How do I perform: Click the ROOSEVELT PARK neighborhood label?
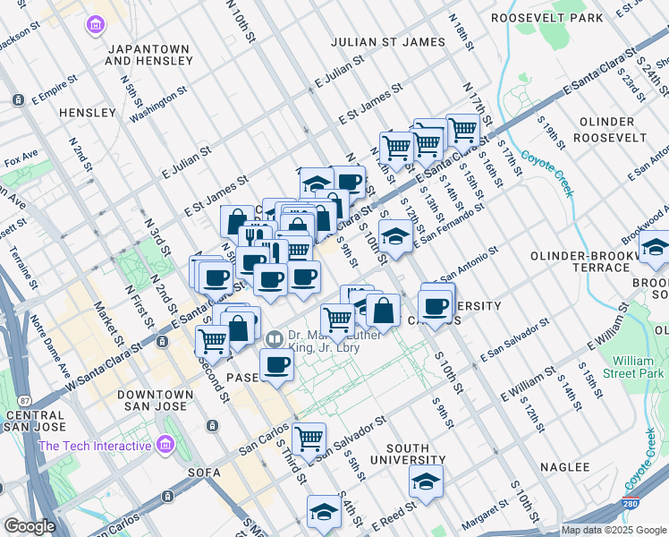tap(547, 18)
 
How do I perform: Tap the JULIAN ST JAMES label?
tap(387, 41)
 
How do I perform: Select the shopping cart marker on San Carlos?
tap(309, 438)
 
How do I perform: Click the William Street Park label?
tap(633, 368)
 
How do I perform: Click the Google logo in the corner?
tap(30, 526)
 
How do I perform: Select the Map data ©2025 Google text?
tap(614, 530)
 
